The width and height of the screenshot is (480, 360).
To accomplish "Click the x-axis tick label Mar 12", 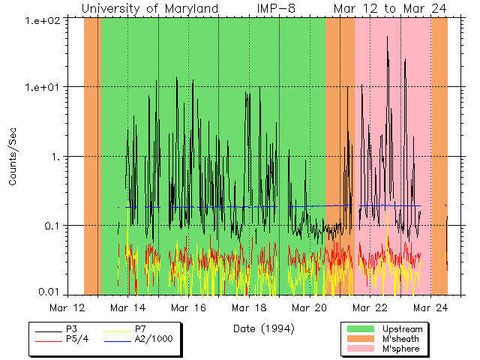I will [67, 307].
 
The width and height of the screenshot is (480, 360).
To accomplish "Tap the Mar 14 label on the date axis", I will [128, 307].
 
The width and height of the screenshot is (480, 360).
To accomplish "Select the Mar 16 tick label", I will [188, 307].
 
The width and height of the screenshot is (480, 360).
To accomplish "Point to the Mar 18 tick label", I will [249, 307].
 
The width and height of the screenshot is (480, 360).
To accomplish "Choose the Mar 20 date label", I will [310, 307].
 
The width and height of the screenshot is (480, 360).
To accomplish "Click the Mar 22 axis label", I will [370, 307].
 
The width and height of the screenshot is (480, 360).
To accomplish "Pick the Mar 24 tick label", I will [430, 307].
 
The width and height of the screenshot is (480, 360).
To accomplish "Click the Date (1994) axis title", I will [263, 328].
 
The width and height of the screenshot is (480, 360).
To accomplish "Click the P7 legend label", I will [140, 329].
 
